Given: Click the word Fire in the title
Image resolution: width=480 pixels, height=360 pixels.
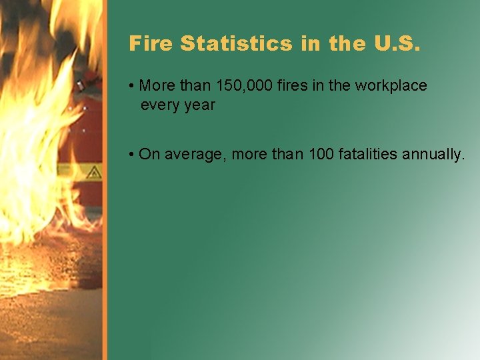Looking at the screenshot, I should (151, 44).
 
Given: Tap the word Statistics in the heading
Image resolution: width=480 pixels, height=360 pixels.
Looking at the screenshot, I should (236, 44).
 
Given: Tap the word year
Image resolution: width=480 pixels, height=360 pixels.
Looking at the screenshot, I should (199, 105).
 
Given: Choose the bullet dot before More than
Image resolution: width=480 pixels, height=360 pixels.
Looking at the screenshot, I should (133, 87).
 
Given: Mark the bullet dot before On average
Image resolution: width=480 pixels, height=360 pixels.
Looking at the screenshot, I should (133, 155).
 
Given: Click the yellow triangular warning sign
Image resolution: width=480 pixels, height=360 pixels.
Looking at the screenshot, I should (93, 173).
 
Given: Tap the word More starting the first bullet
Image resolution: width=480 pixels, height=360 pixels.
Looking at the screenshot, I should (156, 86).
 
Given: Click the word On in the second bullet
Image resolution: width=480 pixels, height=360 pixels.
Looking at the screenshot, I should (149, 155).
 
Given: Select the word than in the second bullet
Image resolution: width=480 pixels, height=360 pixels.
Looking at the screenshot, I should (289, 155).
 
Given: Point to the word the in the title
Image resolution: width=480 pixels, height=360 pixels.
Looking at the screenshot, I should (347, 44).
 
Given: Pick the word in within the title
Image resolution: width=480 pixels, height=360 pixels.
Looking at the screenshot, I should (310, 44).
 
